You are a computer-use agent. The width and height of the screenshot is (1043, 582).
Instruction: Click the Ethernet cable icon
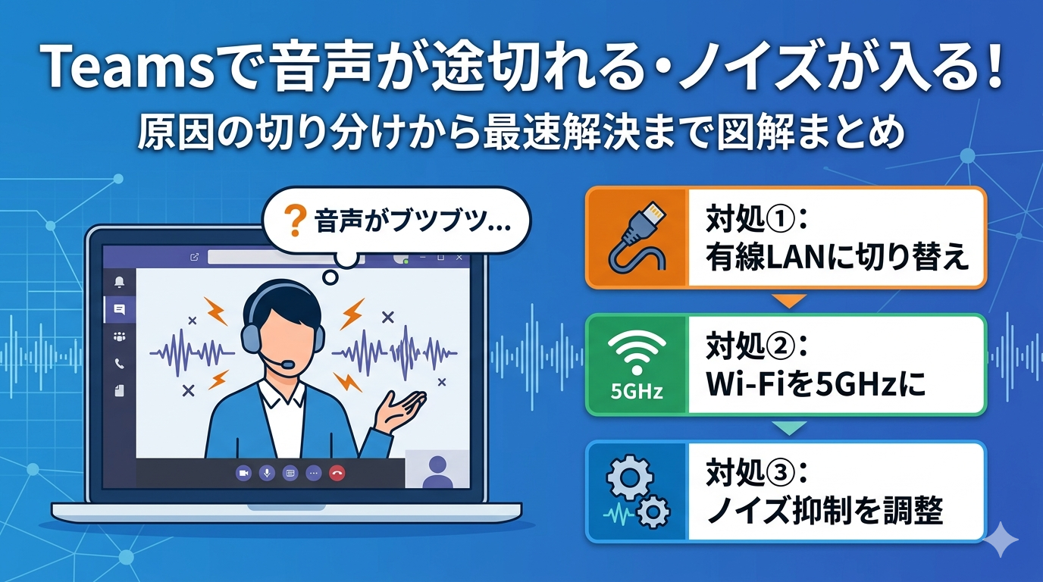point(637,237)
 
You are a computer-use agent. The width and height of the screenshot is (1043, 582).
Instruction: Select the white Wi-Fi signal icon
point(637,352)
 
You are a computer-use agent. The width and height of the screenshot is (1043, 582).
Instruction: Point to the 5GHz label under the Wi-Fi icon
point(637,392)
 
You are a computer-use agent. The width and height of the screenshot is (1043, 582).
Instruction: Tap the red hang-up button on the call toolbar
point(337,472)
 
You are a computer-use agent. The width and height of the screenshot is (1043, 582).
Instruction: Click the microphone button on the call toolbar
point(266,472)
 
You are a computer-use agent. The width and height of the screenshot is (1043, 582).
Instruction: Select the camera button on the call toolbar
point(243,472)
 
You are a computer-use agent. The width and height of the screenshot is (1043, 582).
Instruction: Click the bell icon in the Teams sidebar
point(119,282)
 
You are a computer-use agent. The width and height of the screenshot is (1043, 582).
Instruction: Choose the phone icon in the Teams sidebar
point(119,364)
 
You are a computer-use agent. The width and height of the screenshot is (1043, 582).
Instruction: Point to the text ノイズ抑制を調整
point(825,512)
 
